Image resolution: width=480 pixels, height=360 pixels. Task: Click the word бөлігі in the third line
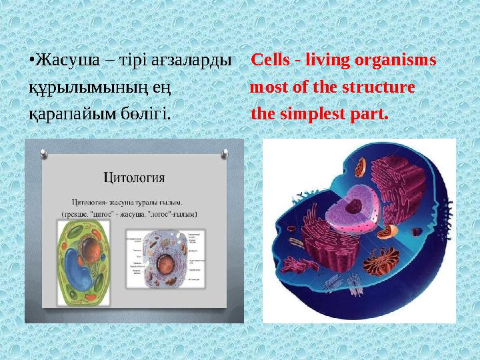[x=146, y=114]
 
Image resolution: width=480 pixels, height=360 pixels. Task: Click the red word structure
[x=379, y=87]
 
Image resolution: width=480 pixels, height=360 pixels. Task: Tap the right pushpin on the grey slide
[x=233, y=152]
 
